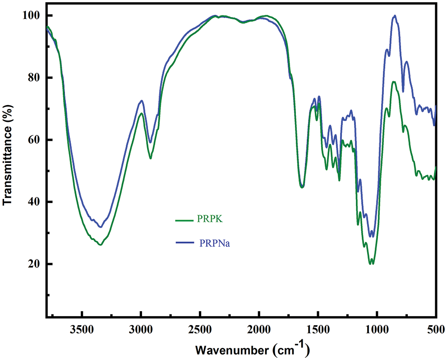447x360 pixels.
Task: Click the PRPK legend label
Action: tap(210, 220)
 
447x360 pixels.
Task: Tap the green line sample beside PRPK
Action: tap(184, 221)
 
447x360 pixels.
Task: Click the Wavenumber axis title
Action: tap(252, 349)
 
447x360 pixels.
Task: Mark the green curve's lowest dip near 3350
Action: tap(100, 245)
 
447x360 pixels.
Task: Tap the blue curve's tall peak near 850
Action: tap(395, 16)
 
